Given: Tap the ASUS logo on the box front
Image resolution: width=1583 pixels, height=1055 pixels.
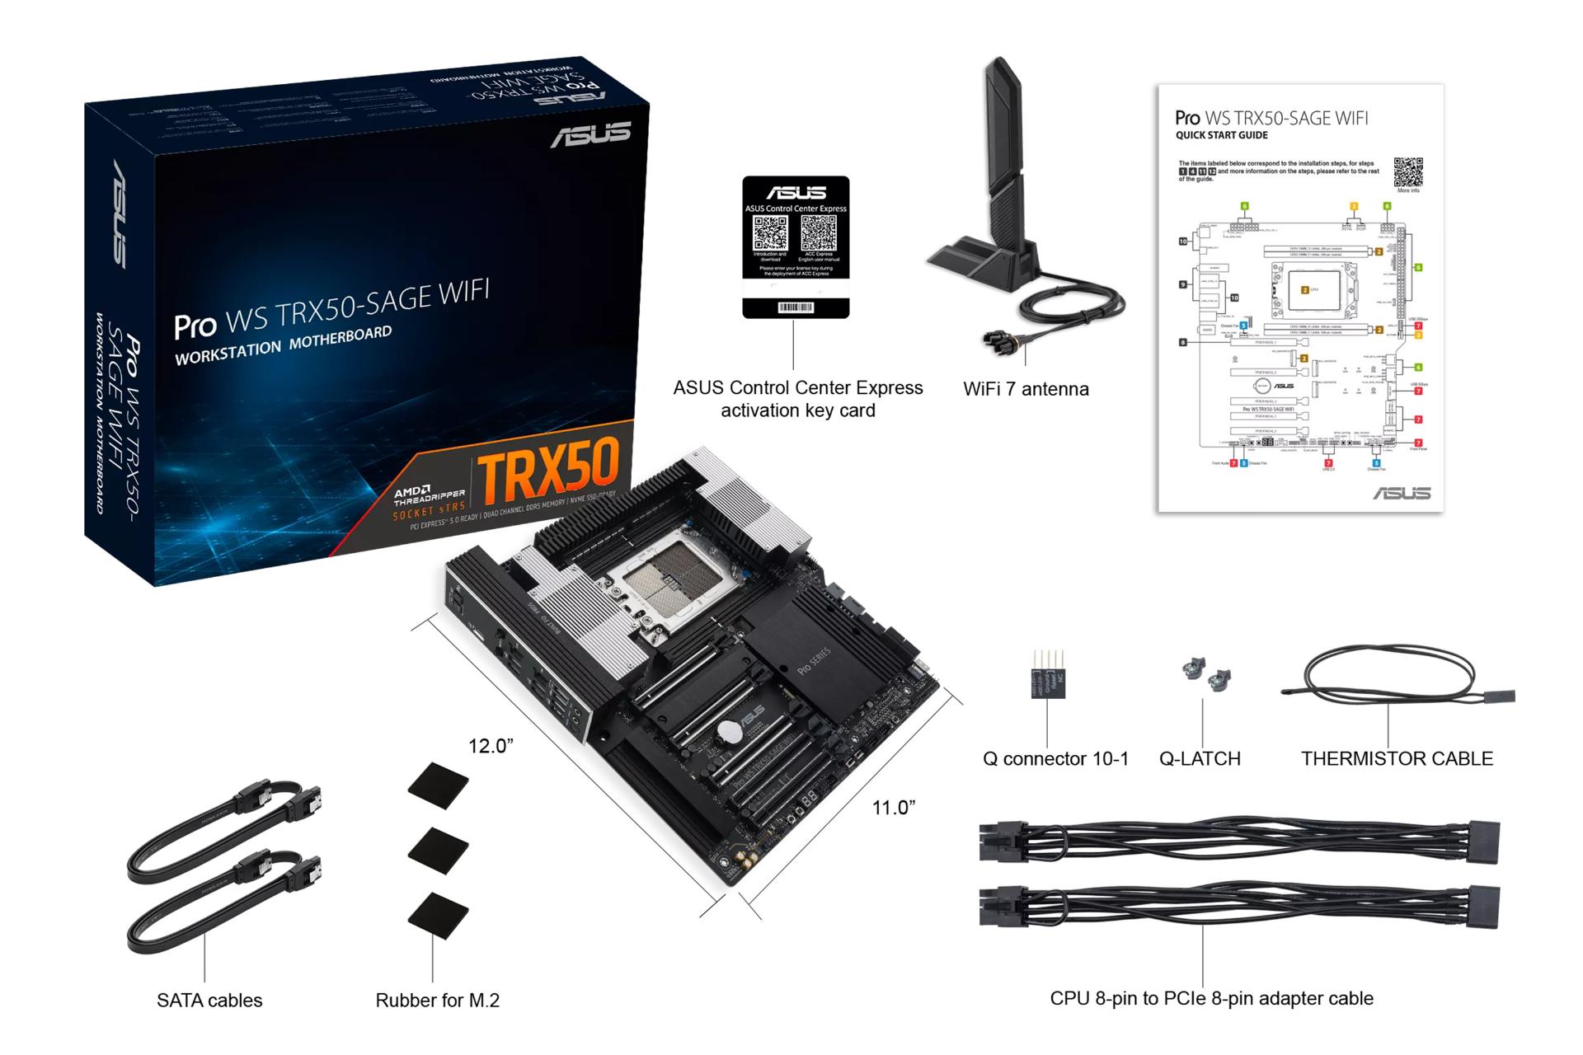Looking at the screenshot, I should point(590,135).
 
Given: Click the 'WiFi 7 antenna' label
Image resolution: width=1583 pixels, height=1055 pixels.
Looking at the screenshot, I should point(1026,389).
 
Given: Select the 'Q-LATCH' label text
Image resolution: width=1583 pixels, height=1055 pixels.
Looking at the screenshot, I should point(1200,758).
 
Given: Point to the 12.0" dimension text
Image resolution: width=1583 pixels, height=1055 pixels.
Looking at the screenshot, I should point(491,746).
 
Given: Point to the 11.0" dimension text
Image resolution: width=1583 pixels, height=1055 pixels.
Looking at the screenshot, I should point(894,808).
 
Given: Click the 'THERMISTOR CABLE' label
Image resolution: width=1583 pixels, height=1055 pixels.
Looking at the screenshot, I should point(1397,758).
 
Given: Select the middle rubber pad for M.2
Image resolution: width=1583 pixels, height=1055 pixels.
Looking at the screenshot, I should point(438,850).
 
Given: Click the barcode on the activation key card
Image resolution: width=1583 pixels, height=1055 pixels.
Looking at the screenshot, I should point(796,307).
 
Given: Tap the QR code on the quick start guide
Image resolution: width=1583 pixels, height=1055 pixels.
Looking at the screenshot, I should point(1408,172).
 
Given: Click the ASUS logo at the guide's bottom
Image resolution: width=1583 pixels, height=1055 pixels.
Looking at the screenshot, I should point(1402,493).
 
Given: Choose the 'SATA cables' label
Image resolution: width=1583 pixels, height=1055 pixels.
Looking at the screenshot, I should point(209,1001).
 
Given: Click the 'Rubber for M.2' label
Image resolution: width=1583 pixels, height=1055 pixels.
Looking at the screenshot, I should point(437,1001).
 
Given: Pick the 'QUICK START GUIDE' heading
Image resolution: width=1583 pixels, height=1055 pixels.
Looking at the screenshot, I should point(1221,136).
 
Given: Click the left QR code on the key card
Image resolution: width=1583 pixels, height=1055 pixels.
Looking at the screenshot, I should point(771,233).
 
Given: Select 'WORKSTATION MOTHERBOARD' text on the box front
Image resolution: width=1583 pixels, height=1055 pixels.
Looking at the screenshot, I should point(283,345).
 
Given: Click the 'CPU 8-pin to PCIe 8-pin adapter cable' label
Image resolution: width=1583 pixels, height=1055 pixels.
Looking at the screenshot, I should point(1211,998).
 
